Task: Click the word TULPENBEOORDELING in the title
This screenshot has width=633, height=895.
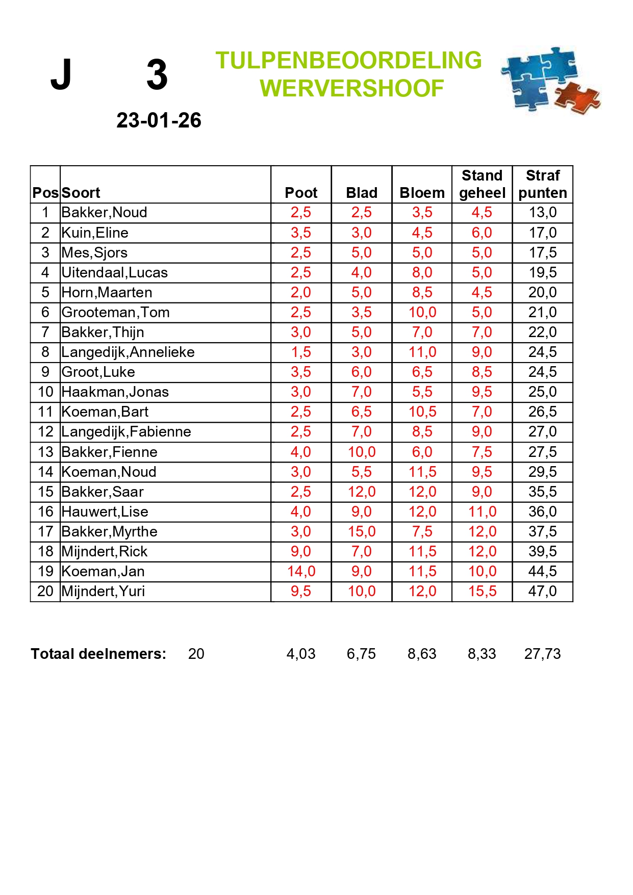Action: coord(348,61)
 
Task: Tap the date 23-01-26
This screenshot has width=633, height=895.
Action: coord(159,120)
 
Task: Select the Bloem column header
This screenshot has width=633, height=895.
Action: coord(422,193)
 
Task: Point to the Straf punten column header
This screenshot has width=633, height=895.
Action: coord(542,184)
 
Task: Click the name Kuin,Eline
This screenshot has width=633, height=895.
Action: coord(95,233)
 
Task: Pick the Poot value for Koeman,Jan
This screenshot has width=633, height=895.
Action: coord(301,571)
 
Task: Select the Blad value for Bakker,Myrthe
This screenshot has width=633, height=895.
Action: coord(361,531)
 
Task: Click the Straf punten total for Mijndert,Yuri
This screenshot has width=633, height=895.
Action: coord(542,591)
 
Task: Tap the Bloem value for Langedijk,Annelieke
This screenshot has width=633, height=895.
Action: coord(422,352)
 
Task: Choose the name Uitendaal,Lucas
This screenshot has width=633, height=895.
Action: coord(114,272)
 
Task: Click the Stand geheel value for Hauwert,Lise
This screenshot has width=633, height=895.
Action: coord(482,512)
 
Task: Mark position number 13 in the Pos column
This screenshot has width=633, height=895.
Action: coord(45,452)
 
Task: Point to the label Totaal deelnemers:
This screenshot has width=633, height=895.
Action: coord(98,654)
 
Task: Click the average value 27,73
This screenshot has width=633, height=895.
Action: coord(542,654)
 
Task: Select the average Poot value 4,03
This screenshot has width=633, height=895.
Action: coord(301,654)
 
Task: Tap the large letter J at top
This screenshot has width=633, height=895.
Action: coord(61,75)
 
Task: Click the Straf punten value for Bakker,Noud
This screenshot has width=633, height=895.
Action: coord(542,212)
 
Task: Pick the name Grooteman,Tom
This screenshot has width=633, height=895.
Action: coord(115,312)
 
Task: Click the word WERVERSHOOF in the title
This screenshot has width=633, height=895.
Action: coord(351,88)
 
